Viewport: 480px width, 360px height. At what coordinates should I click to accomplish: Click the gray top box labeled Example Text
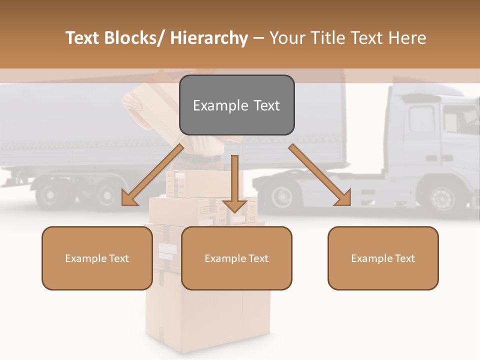(236, 105)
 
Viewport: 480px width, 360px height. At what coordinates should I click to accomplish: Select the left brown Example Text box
(97, 258)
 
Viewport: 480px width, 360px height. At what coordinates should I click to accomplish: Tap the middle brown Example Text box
(236, 258)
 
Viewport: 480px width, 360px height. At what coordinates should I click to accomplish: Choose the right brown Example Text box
(383, 258)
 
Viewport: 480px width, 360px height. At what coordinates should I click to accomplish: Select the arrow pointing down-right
(320, 175)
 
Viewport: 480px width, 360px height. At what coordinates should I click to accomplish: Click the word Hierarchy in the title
(209, 38)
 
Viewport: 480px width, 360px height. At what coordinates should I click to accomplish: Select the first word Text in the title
(83, 38)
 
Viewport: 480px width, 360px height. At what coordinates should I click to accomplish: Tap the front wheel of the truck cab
(442, 197)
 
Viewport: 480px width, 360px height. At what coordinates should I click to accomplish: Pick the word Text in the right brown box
(404, 258)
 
